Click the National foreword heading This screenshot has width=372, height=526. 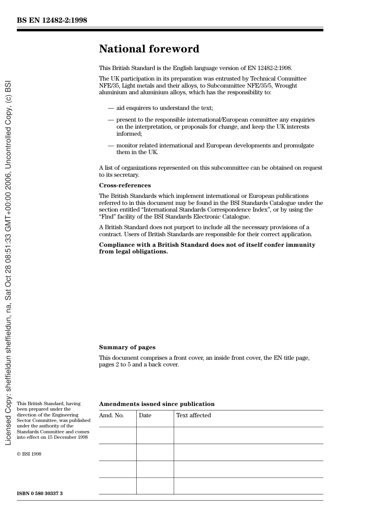coord(149,49)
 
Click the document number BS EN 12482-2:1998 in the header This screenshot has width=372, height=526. coord(52,20)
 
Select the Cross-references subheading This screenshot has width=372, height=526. coord(125,185)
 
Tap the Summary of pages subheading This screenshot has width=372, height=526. coord(127,347)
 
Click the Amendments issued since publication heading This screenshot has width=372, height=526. coord(157,404)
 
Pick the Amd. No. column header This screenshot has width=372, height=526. coord(111,415)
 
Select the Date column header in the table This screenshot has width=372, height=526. coord(145,415)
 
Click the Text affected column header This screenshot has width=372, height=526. coord(193,415)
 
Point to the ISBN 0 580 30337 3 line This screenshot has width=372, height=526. coord(40,494)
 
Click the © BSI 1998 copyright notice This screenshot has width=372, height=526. coord(29,454)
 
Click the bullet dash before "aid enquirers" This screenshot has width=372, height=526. coord(111,108)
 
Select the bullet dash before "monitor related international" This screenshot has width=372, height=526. coord(111,146)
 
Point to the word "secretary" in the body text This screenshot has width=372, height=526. coord(126,175)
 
